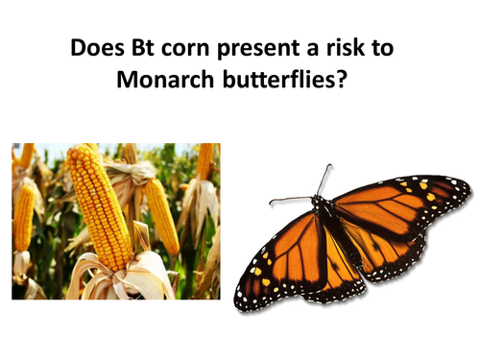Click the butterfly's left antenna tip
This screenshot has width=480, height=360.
[x=272, y=201]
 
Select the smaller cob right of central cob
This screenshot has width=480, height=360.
[x=161, y=216]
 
